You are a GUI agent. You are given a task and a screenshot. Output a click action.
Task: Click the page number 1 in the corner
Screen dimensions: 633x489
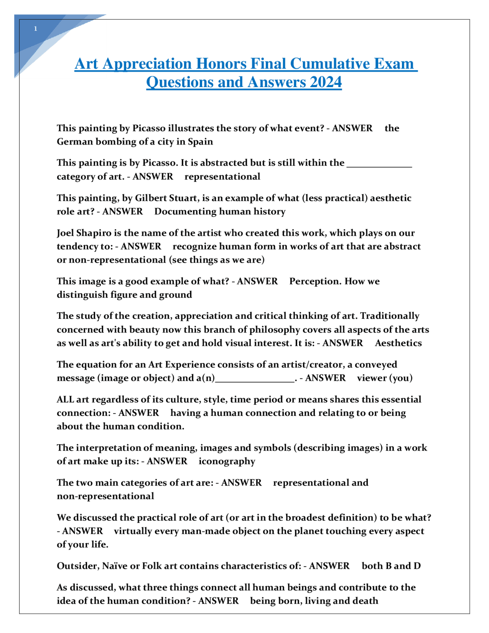(36, 29)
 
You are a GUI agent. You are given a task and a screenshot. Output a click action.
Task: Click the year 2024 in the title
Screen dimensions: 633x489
(325, 82)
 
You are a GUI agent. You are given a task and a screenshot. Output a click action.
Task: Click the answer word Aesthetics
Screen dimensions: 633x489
(398, 343)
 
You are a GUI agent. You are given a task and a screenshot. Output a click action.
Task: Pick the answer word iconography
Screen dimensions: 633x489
(227, 461)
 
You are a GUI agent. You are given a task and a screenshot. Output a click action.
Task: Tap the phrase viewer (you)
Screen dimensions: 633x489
(384, 378)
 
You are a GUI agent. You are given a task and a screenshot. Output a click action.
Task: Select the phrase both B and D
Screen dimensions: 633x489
(391, 566)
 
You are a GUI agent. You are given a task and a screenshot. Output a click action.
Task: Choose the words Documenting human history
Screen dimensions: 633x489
(220, 212)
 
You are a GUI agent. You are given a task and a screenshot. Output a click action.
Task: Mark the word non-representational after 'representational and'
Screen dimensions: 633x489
(105, 496)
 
